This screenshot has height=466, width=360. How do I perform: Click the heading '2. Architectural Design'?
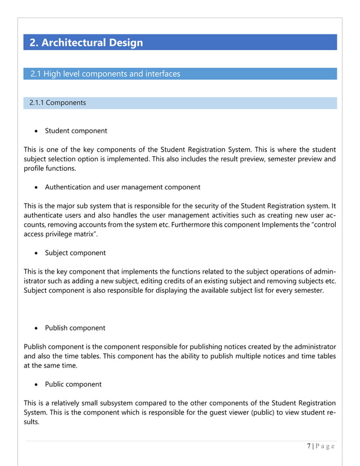point(86,43)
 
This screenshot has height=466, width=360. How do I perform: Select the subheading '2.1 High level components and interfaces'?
point(105,74)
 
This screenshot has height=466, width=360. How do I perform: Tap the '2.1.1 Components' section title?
point(58,103)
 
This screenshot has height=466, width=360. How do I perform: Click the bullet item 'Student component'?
point(76,131)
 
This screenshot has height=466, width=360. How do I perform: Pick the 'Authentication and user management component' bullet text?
point(122,187)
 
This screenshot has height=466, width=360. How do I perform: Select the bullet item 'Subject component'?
point(75,253)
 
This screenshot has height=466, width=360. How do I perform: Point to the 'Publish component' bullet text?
point(75,328)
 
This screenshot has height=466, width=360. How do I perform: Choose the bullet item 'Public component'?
point(73,384)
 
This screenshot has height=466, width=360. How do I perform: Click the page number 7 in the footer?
point(309,446)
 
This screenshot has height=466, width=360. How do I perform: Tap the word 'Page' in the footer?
point(326,446)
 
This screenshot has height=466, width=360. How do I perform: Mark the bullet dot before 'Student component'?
point(37,131)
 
